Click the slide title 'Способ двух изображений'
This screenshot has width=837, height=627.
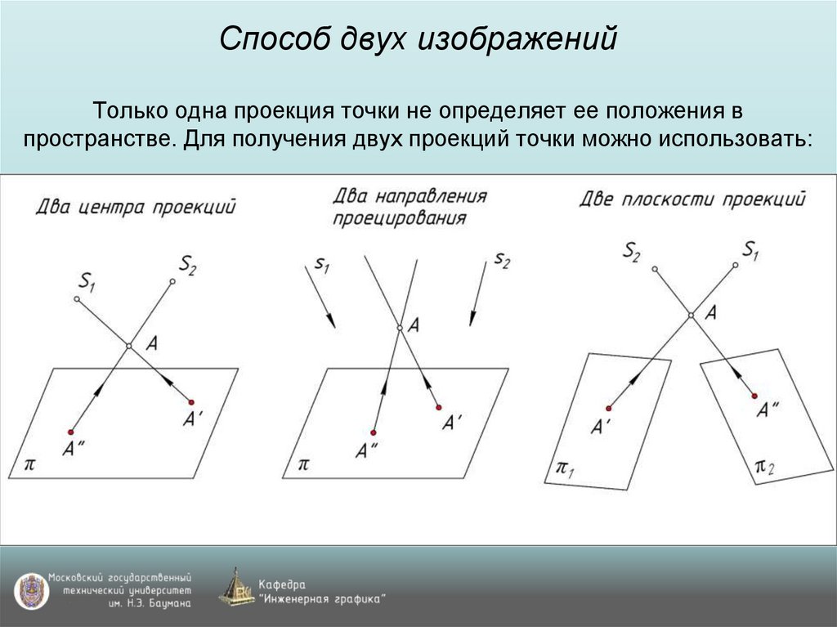click(418, 40)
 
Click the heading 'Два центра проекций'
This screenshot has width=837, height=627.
click(136, 206)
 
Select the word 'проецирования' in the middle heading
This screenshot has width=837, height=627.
click(400, 219)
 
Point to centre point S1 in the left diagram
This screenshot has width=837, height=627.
click(77, 300)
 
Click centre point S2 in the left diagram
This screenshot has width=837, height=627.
click(172, 282)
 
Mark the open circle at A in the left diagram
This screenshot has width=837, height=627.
click(128, 347)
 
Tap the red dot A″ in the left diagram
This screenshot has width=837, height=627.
click(71, 432)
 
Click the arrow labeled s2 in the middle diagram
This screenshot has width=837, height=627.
click(478, 294)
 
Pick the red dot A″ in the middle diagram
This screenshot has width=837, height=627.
click(374, 432)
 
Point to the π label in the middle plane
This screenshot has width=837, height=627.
click(303, 464)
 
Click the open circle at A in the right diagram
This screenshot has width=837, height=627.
click(691, 315)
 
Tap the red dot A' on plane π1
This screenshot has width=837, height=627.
click(609, 407)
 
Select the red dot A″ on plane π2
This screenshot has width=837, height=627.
click(753, 396)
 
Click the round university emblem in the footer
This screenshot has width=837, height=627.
click(31, 590)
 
